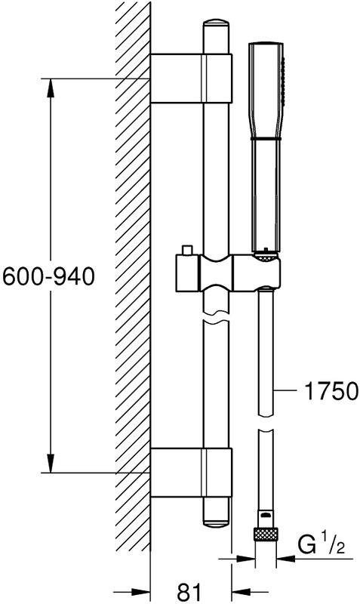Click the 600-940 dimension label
pyautogui.click(x=48, y=276)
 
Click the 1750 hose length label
pyautogui.click(x=331, y=391)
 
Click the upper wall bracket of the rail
pyautogui.click(x=191, y=79)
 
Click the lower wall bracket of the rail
pyautogui.click(x=191, y=473)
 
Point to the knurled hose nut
pyautogui.click(x=266, y=535)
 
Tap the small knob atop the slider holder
pyautogui.click(x=188, y=250)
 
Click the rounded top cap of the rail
pyautogui.click(x=216, y=24)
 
